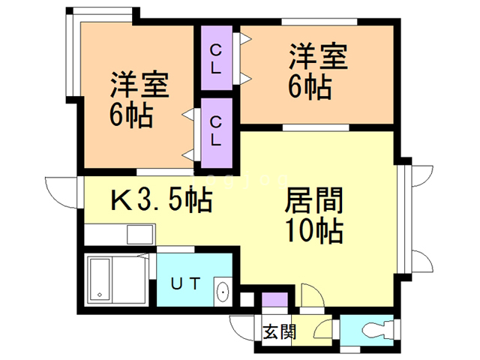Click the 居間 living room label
(314, 201)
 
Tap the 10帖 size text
(314, 230)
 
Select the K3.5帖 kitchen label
(160, 200)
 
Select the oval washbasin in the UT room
(221, 292)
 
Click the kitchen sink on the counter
(139, 235)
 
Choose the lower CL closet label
(216, 130)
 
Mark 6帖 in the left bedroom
(131, 115)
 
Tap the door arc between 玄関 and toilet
(324, 330)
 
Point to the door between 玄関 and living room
(311, 295)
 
